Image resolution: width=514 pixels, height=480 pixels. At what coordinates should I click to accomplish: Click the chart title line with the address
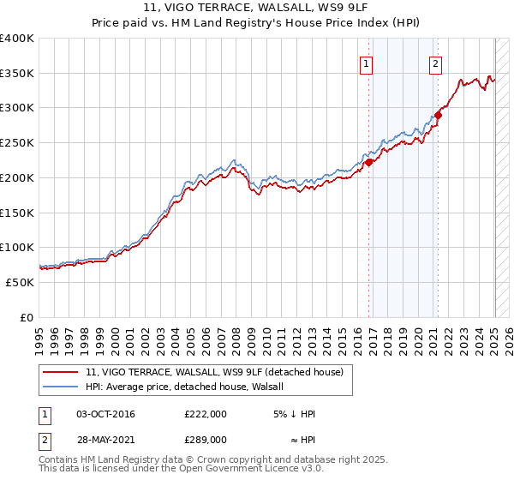(x=257, y=9)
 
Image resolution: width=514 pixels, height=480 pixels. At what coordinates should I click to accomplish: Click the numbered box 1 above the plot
(x=367, y=63)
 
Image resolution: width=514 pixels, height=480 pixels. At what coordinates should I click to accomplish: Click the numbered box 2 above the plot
(x=435, y=63)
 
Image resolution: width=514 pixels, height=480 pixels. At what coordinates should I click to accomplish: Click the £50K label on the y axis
(x=19, y=282)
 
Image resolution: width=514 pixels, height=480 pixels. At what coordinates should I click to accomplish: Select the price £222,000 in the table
(x=206, y=414)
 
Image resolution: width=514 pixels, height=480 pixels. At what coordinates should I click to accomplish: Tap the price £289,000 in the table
(x=206, y=439)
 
